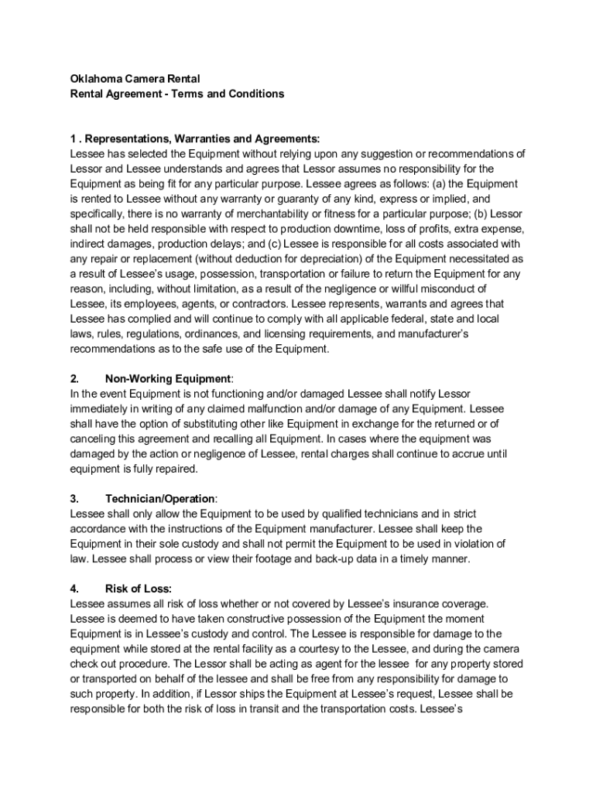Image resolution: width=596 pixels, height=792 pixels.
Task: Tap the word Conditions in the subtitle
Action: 256,94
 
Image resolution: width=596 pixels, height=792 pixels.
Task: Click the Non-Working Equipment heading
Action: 168,379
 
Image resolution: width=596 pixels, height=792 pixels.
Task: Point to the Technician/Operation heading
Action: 160,499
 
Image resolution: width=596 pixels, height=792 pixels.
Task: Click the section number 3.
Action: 74,499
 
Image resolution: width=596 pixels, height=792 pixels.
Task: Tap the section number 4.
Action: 74,589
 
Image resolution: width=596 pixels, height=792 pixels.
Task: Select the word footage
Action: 275,558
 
